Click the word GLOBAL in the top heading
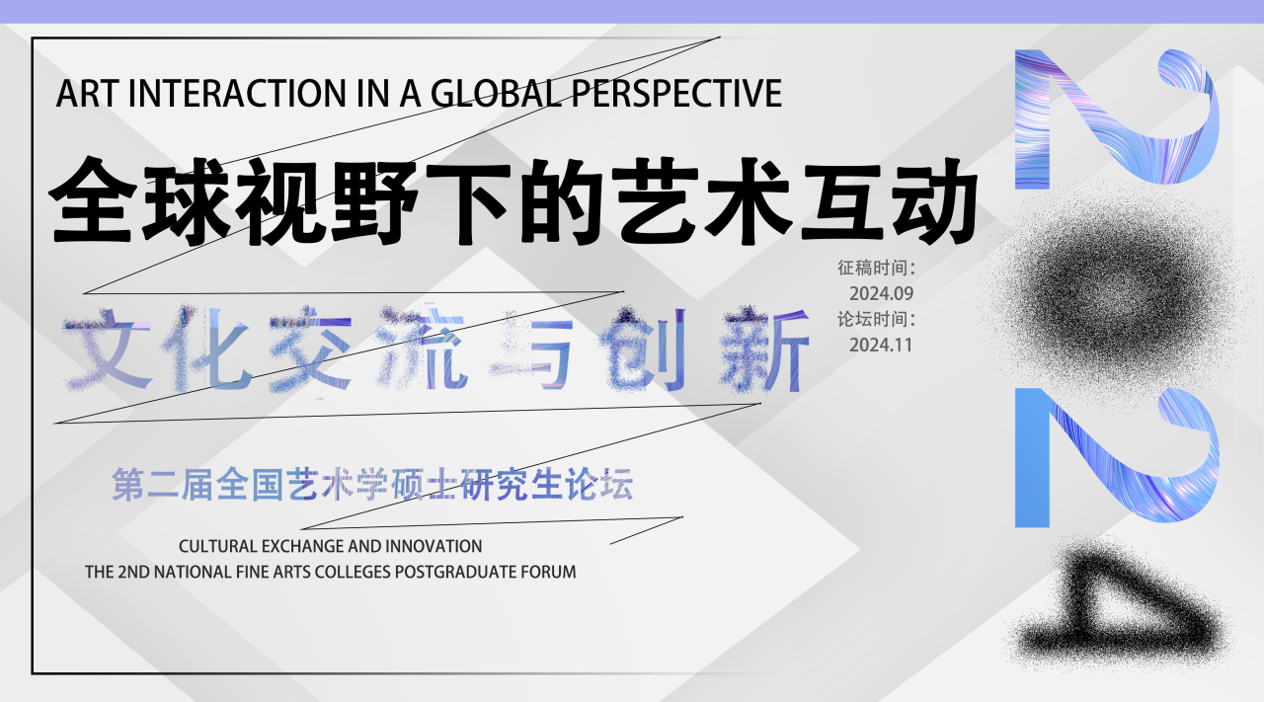point(496,93)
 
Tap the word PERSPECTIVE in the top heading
point(676,93)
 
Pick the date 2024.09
point(881,293)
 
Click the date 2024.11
point(881,345)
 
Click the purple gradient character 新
point(764,350)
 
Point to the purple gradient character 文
point(108,350)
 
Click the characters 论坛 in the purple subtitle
point(599,484)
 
